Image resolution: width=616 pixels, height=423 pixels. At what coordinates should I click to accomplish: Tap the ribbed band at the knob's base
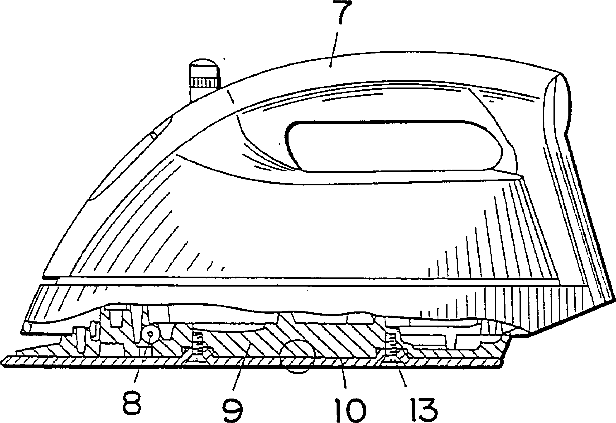205,82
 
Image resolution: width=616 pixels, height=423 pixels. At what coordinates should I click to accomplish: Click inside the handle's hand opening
392,146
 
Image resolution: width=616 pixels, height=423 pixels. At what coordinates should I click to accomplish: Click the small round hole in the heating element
151,334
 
